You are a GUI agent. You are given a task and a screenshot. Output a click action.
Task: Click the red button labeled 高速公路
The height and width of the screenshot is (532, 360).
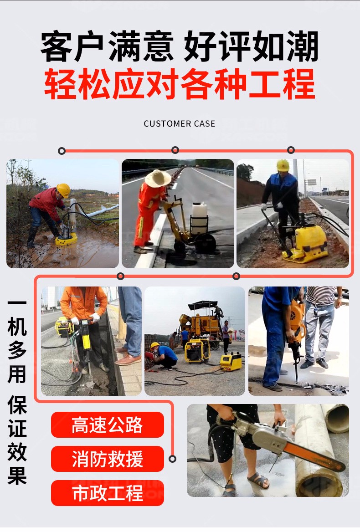click(x=107, y=425)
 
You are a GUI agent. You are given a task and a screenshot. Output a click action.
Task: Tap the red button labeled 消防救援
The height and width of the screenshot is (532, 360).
click(x=107, y=459)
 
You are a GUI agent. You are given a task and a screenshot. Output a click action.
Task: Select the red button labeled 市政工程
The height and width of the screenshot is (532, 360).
click(x=107, y=493)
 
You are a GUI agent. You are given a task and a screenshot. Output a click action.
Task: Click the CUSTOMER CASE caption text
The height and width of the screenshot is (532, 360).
click(x=180, y=123)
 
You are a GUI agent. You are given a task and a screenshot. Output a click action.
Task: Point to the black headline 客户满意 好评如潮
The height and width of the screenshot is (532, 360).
click(x=180, y=47)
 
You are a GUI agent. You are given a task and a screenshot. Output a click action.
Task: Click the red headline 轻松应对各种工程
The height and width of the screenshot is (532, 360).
click(x=180, y=84)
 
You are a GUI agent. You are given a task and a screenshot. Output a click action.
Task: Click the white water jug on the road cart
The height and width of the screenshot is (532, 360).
click(x=199, y=212)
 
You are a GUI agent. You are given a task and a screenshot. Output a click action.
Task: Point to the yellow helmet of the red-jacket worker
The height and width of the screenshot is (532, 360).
click(x=64, y=189)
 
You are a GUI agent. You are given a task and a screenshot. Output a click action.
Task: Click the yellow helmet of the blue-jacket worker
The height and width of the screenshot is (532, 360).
click(x=283, y=165)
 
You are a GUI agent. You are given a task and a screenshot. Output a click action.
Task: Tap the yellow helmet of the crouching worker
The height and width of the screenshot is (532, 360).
click(x=155, y=346)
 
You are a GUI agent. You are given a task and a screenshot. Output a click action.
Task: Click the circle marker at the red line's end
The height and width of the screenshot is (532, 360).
click(x=173, y=459)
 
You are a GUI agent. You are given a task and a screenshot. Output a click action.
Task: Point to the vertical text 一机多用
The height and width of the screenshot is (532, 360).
click(x=17, y=341)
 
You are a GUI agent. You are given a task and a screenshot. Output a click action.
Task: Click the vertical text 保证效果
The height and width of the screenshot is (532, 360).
click(x=17, y=441)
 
